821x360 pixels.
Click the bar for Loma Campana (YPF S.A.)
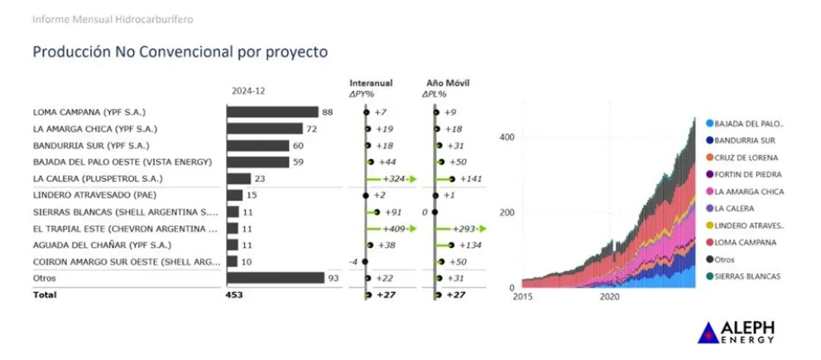(272, 112)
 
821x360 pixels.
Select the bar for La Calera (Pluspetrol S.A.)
(238, 178)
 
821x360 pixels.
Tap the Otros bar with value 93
(276, 277)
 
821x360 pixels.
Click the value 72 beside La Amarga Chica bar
(312, 129)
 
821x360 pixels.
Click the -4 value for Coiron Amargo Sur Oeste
(352, 262)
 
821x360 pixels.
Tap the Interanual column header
(371, 83)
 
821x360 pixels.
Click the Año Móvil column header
(448, 83)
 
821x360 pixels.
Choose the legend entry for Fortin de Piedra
(747, 175)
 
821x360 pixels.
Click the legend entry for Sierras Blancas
(747, 276)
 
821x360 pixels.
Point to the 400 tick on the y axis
(507, 137)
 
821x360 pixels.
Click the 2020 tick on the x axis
(609, 296)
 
